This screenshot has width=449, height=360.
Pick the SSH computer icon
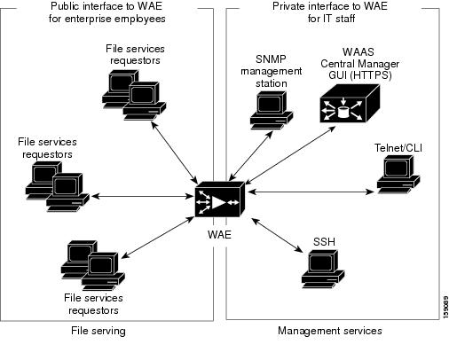pyautogui.click(x=320, y=270)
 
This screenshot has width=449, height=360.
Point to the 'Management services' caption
pyautogui.click(x=329, y=331)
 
